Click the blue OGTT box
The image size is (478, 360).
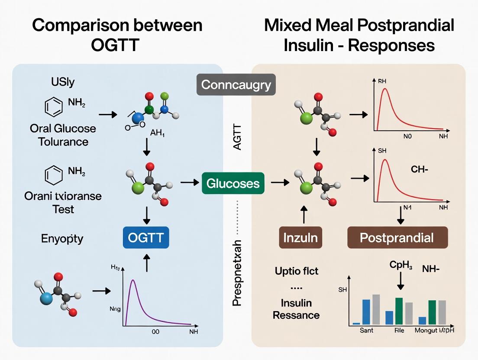(x=146, y=238)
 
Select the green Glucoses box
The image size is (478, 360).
(x=233, y=183)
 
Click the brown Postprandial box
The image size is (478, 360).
(x=397, y=238)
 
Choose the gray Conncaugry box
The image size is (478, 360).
(x=236, y=84)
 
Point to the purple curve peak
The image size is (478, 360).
(x=133, y=281)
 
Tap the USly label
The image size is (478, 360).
(x=62, y=82)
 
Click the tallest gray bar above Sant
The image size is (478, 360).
(x=376, y=309)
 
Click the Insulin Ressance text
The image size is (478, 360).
(x=296, y=309)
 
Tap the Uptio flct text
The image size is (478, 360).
(x=296, y=271)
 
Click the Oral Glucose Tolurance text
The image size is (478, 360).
(x=63, y=135)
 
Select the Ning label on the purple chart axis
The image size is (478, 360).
(x=115, y=309)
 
